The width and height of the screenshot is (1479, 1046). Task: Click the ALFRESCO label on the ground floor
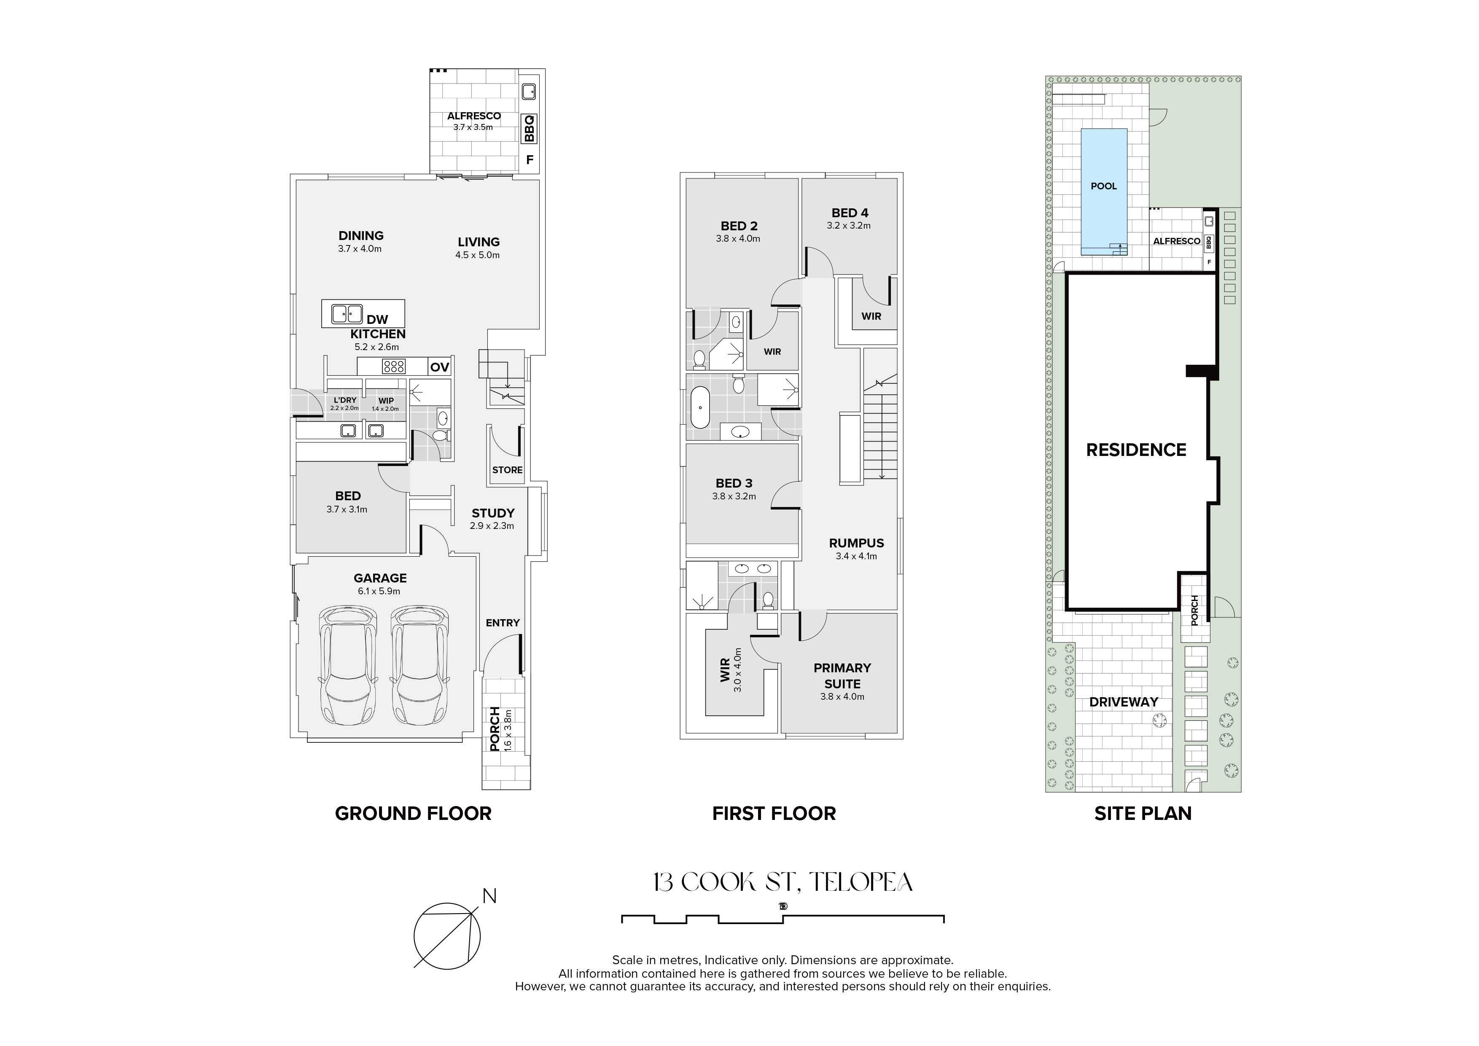pyautogui.click(x=474, y=116)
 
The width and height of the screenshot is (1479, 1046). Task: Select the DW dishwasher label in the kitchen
pyautogui.click(x=377, y=320)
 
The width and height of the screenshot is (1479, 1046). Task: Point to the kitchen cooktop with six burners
pyautogui.click(x=394, y=367)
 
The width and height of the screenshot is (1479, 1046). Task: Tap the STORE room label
pyautogui.click(x=507, y=470)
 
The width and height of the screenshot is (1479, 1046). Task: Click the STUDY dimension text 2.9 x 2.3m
pyautogui.click(x=492, y=526)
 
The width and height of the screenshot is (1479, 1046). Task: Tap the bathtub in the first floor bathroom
pyautogui.click(x=699, y=407)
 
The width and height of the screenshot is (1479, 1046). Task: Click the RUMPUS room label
pyautogui.click(x=857, y=543)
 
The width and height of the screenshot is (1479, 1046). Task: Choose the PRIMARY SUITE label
pyautogui.click(x=842, y=675)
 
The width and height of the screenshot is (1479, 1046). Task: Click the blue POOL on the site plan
pyautogui.click(x=1104, y=189)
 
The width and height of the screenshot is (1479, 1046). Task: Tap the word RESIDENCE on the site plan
pyautogui.click(x=1136, y=450)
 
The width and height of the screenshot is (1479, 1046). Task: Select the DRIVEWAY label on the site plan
pyautogui.click(x=1124, y=702)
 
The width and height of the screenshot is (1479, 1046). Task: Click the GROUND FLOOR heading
pyautogui.click(x=413, y=813)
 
